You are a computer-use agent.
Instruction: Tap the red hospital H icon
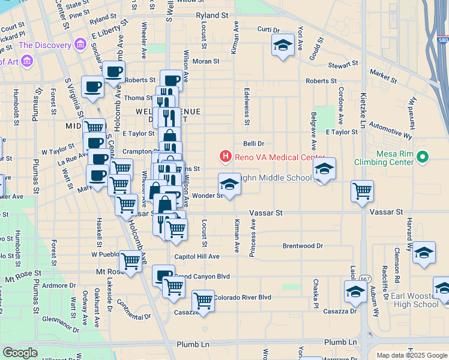226,157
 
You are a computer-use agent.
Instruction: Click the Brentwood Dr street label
303,246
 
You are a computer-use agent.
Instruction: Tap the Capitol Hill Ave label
197,257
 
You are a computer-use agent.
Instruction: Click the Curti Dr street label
268,29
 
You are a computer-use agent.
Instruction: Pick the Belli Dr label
253,143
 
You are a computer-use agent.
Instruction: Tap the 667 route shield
365,279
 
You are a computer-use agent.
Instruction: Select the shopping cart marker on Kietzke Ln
363,191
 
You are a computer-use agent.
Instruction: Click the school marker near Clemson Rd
424,253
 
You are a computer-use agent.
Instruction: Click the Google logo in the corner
20,353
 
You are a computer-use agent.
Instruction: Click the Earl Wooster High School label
414,300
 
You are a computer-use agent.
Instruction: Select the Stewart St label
343,63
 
